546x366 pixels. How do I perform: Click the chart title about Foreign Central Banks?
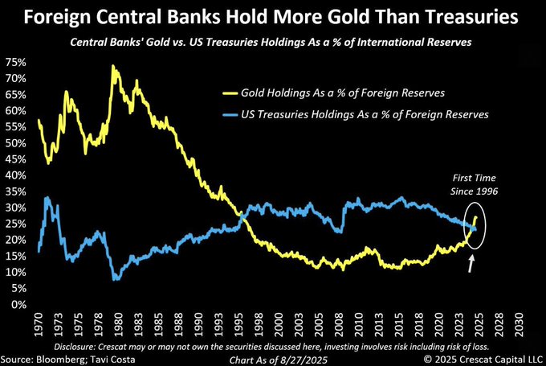(x=273, y=16)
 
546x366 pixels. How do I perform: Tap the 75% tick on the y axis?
(x=14, y=62)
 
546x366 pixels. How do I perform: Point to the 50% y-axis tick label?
(x=14, y=142)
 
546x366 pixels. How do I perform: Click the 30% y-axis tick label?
(x=14, y=208)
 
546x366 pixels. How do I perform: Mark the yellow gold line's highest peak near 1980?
(x=113, y=68)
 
